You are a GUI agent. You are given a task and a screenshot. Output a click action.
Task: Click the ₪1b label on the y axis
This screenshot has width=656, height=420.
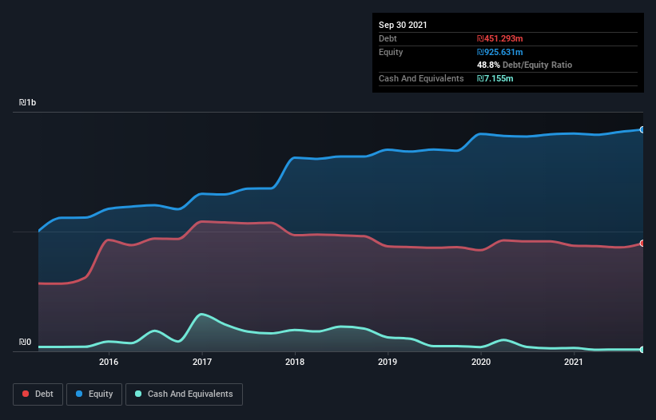click(28, 103)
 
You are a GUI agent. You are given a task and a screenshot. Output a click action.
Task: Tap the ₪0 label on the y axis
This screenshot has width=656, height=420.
click(26, 343)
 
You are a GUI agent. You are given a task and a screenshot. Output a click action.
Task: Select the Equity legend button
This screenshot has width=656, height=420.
click(94, 394)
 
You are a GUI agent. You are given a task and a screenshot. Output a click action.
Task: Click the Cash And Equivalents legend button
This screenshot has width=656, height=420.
click(184, 394)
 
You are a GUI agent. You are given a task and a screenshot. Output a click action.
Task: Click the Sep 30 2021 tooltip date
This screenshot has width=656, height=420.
click(403, 25)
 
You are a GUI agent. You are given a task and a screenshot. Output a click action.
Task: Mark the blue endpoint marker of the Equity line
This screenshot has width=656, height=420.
click(642, 129)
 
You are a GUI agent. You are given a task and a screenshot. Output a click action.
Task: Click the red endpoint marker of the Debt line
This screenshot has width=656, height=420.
click(642, 244)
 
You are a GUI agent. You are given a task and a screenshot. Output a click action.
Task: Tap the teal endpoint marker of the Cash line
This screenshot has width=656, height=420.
click(642, 350)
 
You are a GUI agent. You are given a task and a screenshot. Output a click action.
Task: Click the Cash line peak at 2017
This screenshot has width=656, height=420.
click(202, 314)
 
